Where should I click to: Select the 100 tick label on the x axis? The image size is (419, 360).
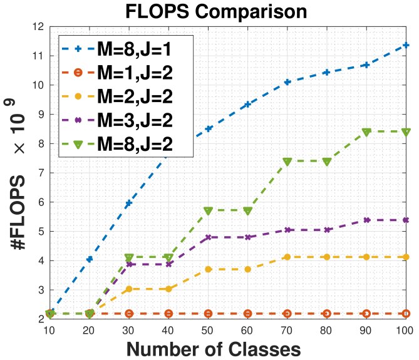click(405, 329)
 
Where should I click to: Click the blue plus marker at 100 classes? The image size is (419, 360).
click(406, 45)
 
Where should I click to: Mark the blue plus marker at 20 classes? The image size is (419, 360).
click(90, 259)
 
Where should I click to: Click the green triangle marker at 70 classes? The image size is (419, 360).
click(287, 162)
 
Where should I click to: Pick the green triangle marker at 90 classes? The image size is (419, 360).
click(366, 132)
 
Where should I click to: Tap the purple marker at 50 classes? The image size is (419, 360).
click(208, 237)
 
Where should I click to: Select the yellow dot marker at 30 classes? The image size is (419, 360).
click(129, 289)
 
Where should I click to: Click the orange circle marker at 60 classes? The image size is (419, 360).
click(247, 313)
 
